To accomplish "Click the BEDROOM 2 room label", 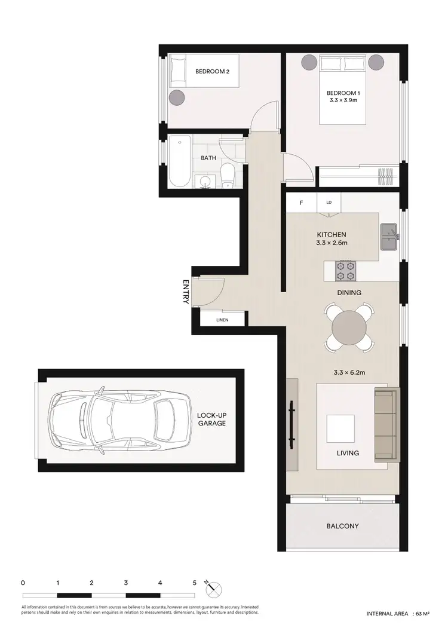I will pos(213,72).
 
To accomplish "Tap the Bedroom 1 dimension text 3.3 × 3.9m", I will pos(343,101).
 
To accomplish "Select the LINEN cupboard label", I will pos(222,320).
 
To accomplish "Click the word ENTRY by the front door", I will pos(186,292).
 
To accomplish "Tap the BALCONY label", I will pos(342,526).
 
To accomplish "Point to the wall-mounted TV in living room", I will pos(293,425).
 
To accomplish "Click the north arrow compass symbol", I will pos(213,589).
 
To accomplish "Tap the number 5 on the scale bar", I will pos(195,581).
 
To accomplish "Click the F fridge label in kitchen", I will pos(301,203).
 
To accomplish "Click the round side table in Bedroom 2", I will pos(177,98).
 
